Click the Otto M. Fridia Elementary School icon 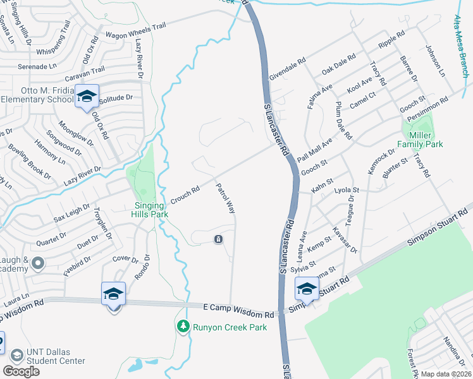87,97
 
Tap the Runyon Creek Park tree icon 183,327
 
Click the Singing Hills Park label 151,210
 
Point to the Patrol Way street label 225,198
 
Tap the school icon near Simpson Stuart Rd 307,289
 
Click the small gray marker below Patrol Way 218,240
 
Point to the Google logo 21,371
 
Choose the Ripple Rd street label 390,39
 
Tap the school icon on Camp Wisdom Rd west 114,294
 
